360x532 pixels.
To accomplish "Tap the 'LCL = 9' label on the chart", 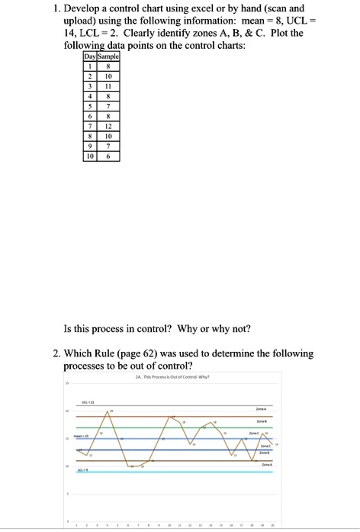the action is (82, 471).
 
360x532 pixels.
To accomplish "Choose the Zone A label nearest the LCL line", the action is (267, 464).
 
